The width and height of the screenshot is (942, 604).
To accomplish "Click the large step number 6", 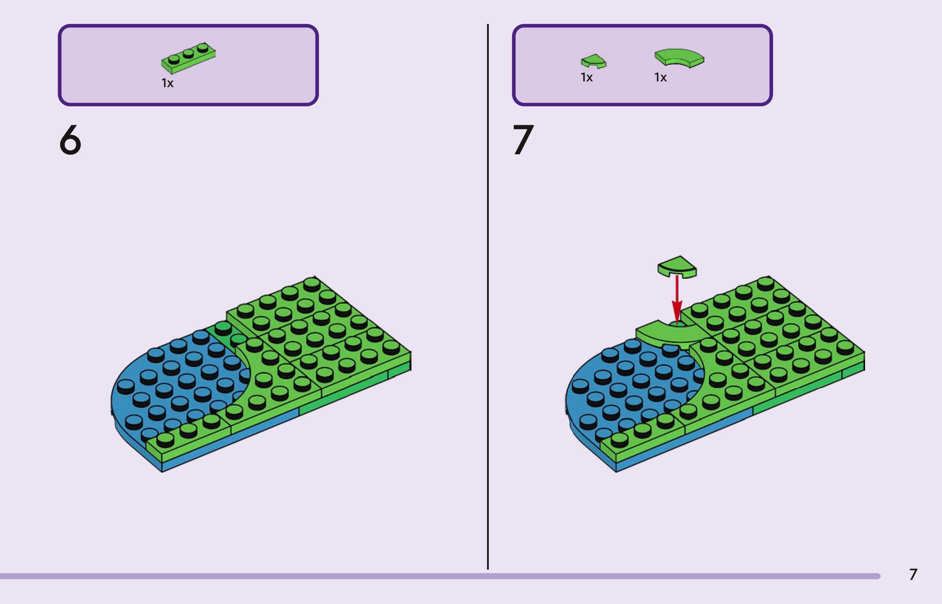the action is pos(70,140).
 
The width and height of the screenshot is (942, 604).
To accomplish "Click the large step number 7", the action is pos(523,140).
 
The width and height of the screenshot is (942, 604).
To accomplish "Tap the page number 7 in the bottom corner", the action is pos(913,575).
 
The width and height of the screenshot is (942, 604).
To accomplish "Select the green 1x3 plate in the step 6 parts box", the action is pos(188,58).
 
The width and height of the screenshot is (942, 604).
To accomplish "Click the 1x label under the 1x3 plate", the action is pos(168,83).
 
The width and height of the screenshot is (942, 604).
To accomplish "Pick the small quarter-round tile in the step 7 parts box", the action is pos(593,61).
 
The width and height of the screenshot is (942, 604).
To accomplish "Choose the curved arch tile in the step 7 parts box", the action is pos(679,58).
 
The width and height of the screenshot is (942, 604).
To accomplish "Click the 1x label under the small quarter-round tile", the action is pos(587,77).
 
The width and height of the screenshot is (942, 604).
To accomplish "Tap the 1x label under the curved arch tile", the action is pos(661,77).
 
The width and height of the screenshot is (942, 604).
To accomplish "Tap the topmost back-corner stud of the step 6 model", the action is pos(312,283).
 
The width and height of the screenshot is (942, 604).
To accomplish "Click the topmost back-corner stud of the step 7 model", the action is pos(765,283).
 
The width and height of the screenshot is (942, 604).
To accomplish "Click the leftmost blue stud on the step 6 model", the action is pos(126,385).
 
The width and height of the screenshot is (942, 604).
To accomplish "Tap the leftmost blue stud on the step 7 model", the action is pos(580,385).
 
